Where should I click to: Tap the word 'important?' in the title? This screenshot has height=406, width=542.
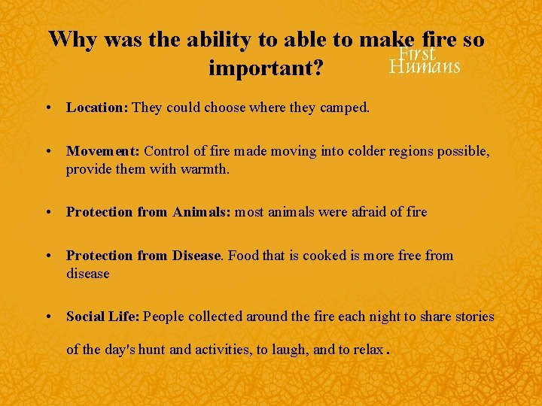[266, 68]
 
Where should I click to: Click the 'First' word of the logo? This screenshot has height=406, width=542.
[417, 53]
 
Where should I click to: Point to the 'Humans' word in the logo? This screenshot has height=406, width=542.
[425, 67]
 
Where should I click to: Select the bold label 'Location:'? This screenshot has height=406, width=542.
[97, 108]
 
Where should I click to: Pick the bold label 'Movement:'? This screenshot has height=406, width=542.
[103, 151]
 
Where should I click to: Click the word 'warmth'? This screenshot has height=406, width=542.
[204, 169]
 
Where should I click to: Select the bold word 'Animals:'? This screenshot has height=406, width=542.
[202, 212]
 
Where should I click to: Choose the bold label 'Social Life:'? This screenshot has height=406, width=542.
[103, 317]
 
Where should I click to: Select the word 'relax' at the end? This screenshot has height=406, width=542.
[368, 350]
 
